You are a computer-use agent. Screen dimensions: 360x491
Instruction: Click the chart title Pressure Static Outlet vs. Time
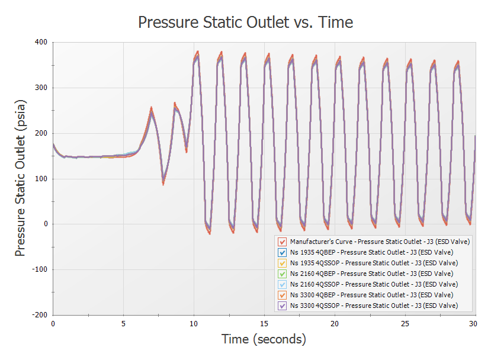(x=245, y=22)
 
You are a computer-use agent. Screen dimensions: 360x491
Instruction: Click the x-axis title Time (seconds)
(x=264, y=339)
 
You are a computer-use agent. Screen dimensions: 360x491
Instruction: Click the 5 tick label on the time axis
(x=123, y=324)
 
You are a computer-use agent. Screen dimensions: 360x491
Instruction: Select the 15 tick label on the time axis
(x=264, y=324)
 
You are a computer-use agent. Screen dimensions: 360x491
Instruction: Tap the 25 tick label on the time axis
(x=405, y=324)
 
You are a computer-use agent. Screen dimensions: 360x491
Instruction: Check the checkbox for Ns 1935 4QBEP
(x=283, y=252)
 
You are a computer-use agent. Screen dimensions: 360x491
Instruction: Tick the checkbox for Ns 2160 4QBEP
(x=283, y=274)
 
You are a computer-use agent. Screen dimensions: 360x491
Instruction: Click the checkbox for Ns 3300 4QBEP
(x=283, y=295)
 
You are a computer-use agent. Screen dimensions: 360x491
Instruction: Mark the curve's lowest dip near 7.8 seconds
(x=163, y=184)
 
